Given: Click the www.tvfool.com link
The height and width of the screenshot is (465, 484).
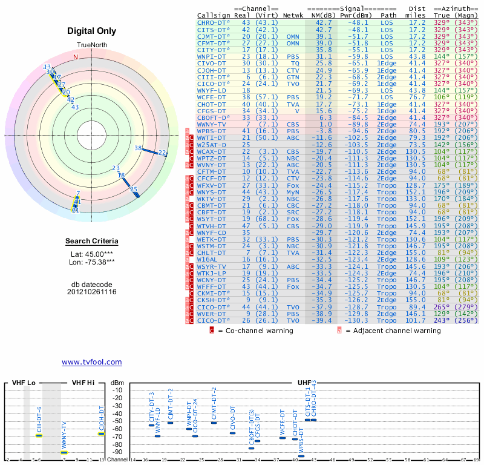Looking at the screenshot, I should [92, 362].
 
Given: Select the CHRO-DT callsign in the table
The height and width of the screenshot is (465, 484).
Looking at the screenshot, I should [214, 22].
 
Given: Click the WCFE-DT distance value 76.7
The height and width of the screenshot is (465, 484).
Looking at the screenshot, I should [417, 96].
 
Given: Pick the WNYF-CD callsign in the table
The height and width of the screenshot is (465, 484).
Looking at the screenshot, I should [212, 232].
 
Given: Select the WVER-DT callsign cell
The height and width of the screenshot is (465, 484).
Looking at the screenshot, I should [212, 314].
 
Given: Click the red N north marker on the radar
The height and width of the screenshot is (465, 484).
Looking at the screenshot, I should [76, 57].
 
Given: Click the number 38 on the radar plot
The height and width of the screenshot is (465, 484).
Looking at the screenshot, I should [138, 148].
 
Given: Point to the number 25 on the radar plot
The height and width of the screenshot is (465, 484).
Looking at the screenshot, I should [134, 189].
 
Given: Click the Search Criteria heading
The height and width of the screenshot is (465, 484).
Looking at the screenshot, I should [92, 242].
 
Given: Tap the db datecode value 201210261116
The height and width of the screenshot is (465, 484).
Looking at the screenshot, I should [92, 292].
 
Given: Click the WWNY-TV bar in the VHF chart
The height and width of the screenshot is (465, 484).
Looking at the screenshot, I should [64, 452].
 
